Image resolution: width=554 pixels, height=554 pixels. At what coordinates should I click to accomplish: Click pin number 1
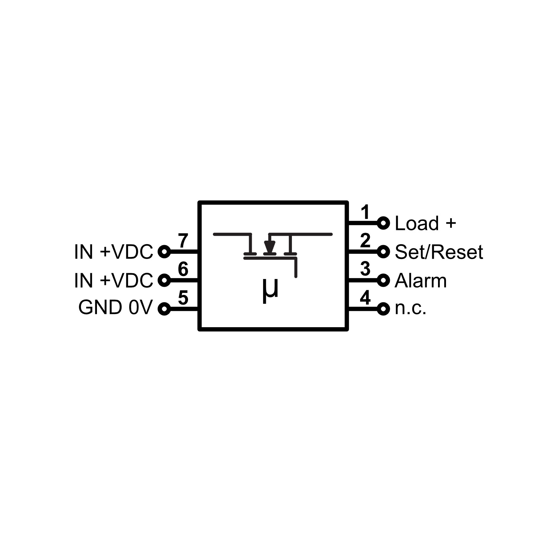365,212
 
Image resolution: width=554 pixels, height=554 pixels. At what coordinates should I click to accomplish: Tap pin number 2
365,241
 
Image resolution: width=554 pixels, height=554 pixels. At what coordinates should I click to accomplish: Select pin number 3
365,269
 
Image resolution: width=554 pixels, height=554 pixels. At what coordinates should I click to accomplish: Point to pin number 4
365,297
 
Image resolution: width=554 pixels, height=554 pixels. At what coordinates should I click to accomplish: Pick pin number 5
183,297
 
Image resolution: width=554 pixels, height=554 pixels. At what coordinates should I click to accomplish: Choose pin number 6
183,269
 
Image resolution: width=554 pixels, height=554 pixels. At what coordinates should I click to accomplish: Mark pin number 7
183,240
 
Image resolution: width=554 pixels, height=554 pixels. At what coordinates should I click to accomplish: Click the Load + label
425,223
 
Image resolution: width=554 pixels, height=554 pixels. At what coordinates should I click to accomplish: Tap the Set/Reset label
438,252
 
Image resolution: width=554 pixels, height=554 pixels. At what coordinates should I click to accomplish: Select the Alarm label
420,280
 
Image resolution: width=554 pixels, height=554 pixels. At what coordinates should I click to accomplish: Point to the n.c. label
410,309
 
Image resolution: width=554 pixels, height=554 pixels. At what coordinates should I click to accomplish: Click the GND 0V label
115,307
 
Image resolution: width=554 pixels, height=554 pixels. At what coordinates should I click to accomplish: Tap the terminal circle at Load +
383,223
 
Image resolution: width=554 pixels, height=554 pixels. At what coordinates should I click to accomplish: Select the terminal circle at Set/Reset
383,252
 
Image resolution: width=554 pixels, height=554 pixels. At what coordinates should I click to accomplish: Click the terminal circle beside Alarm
383,280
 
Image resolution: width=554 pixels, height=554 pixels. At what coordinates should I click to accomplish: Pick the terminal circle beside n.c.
383,309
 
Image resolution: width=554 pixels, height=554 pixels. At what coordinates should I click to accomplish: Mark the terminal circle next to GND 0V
164,309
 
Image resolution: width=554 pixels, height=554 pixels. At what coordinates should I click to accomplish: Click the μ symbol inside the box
270,290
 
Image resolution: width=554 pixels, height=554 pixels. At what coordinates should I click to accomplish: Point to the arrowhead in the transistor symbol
269,247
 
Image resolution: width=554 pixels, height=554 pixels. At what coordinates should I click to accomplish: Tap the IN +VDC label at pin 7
113,252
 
